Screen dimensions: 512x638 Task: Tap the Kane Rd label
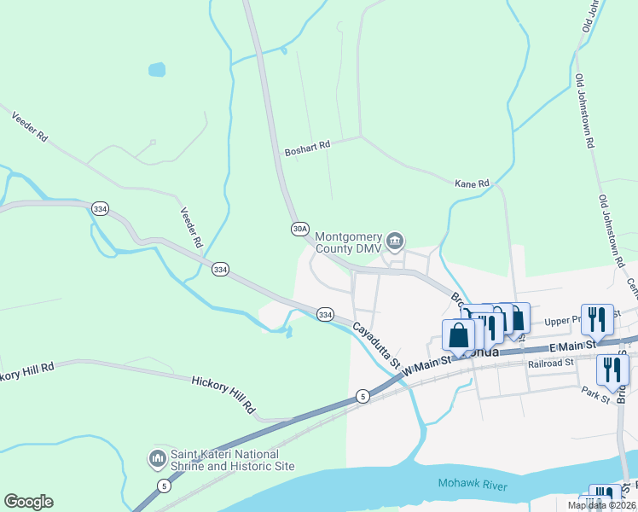(x=472, y=183)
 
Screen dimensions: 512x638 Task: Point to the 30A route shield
(x=299, y=228)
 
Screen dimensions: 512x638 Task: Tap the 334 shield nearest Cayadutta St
(x=325, y=314)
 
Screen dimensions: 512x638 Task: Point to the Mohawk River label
(x=473, y=485)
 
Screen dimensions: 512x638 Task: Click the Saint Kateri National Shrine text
(x=232, y=460)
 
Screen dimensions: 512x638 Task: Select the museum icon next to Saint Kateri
(x=157, y=460)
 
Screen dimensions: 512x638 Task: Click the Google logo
(x=28, y=502)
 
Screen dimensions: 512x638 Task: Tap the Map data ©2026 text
(x=601, y=505)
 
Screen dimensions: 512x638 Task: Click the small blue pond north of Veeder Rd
(x=157, y=68)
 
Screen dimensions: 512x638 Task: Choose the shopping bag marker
(x=458, y=335)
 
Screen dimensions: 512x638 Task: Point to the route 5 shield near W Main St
(x=362, y=396)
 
